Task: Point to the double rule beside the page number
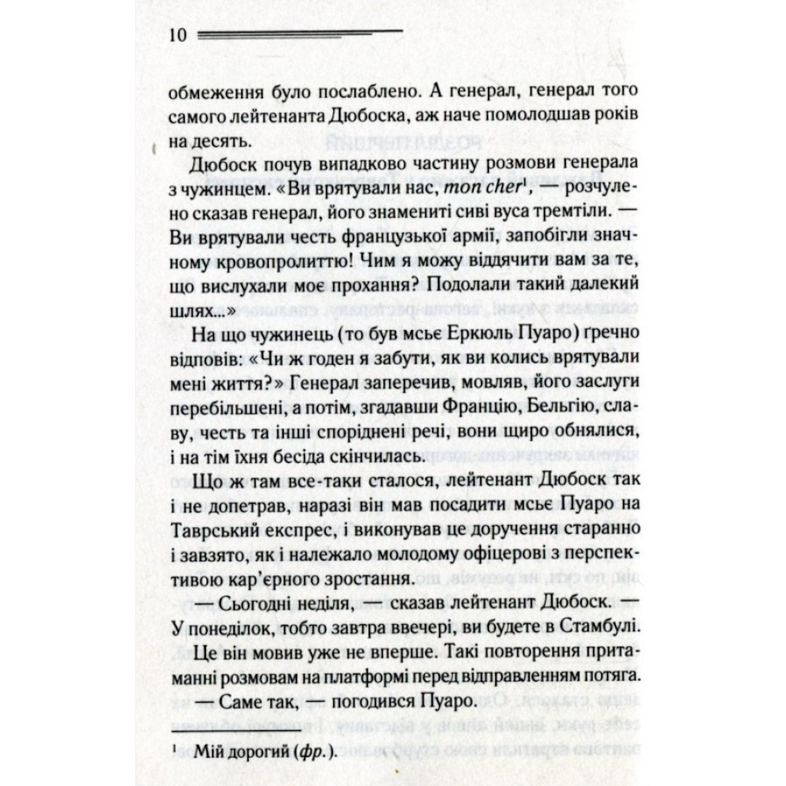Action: point(299,35)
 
